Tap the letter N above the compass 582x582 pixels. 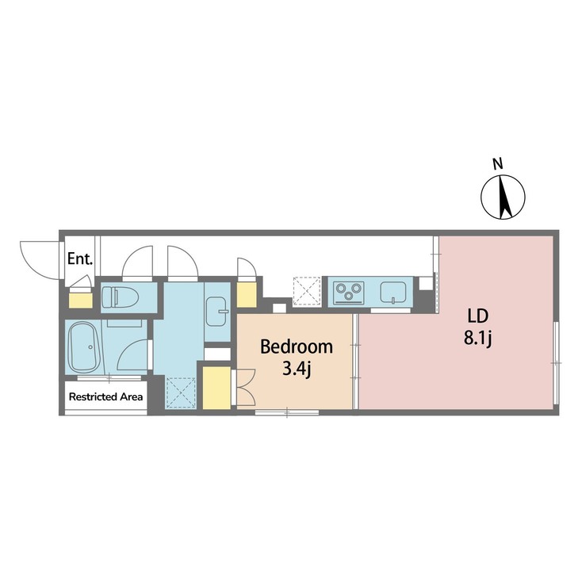coord(497,165)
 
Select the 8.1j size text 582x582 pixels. coord(478,339)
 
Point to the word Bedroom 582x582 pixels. coord(297,347)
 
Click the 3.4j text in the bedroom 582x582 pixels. coord(297,368)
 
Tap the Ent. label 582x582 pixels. coord(79,258)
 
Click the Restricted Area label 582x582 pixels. coord(105,396)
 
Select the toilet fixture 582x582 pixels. coord(120,297)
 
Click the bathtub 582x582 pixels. coord(83,348)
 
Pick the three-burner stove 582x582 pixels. coord(347,293)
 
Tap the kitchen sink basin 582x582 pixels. coord(392,292)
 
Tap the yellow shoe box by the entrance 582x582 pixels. coord(80,299)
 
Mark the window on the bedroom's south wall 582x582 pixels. coord(287,412)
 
